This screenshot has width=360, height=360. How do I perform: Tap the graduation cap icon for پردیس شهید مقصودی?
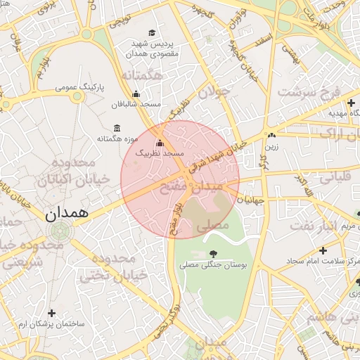(x=153, y=33)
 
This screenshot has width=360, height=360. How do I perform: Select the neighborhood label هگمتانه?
(x=142, y=75)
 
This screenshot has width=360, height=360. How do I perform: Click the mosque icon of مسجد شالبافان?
(x=136, y=94)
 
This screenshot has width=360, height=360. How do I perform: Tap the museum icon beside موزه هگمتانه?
(x=116, y=128)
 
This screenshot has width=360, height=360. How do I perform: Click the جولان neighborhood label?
(x=214, y=91)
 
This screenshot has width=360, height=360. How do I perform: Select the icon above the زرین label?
(x=271, y=134)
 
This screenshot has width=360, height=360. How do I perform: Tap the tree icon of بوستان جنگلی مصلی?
(x=213, y=254)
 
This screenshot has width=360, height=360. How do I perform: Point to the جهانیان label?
(x=252, y=200)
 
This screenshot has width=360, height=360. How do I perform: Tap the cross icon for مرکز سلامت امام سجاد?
(x=323, y=250)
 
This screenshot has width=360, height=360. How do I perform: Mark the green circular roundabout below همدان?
(x=60, y=230)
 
